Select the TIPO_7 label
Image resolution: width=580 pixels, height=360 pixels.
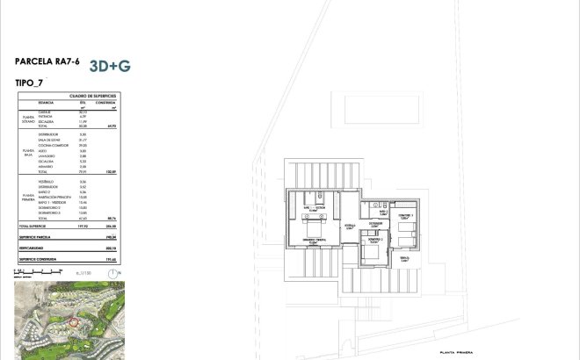pos(30,83)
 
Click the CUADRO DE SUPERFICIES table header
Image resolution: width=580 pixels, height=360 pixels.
pos(88,97)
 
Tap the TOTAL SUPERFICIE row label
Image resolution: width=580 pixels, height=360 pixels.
pos(33,227)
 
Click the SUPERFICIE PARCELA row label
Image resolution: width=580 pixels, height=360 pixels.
pos(34,236)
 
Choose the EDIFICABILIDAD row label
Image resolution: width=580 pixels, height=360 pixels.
pos(30,248)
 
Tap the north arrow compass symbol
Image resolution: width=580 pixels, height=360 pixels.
pos(112,273)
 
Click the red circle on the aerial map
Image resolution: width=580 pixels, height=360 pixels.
pos(75,322)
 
